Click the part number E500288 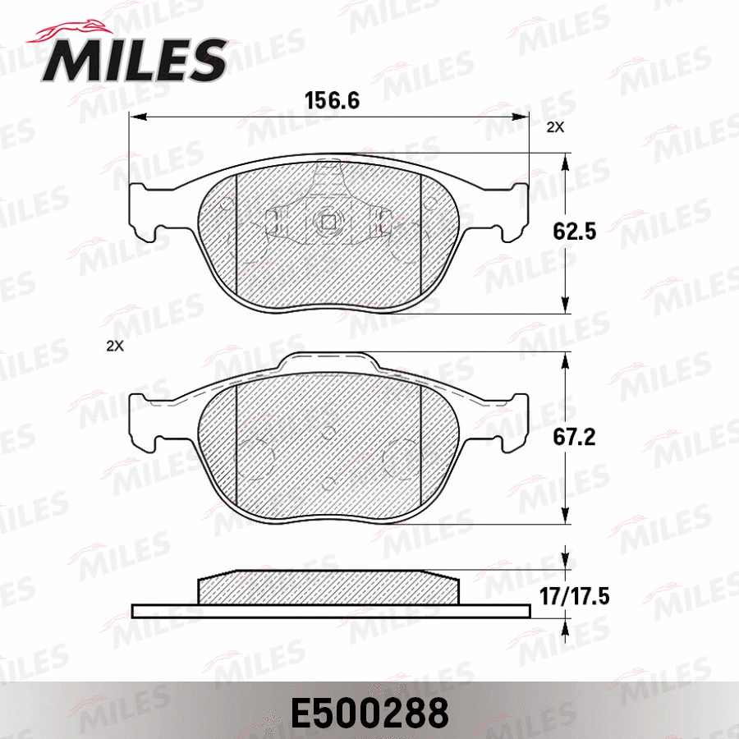coord(369,713)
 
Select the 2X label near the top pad coord(556,127)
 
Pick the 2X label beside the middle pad coord(115,346)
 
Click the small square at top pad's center coord(328,222)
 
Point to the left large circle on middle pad coord(256,454)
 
